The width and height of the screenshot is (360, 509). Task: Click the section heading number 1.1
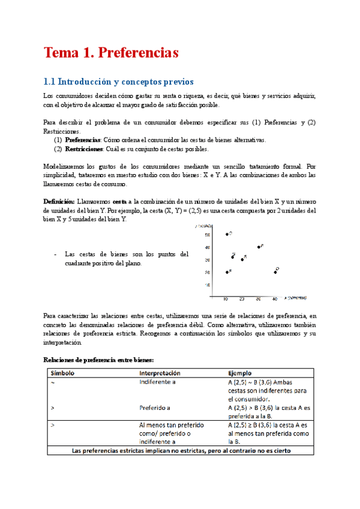(51, 81)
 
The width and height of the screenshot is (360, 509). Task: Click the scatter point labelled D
(275, 272)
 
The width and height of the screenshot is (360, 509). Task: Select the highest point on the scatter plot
(227, 234)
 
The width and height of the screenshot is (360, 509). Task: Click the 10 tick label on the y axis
(207, 285)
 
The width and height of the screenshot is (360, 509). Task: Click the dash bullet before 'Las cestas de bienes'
(55, 254)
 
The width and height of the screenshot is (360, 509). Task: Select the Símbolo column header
(62, 373)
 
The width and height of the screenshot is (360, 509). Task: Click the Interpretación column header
(161, 373)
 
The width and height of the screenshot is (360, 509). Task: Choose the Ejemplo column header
(241, 373)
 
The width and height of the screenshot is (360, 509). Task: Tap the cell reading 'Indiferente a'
(157, 381)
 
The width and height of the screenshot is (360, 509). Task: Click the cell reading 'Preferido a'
(155, 406)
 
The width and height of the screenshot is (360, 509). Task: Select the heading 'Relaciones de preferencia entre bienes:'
(99, 360)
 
